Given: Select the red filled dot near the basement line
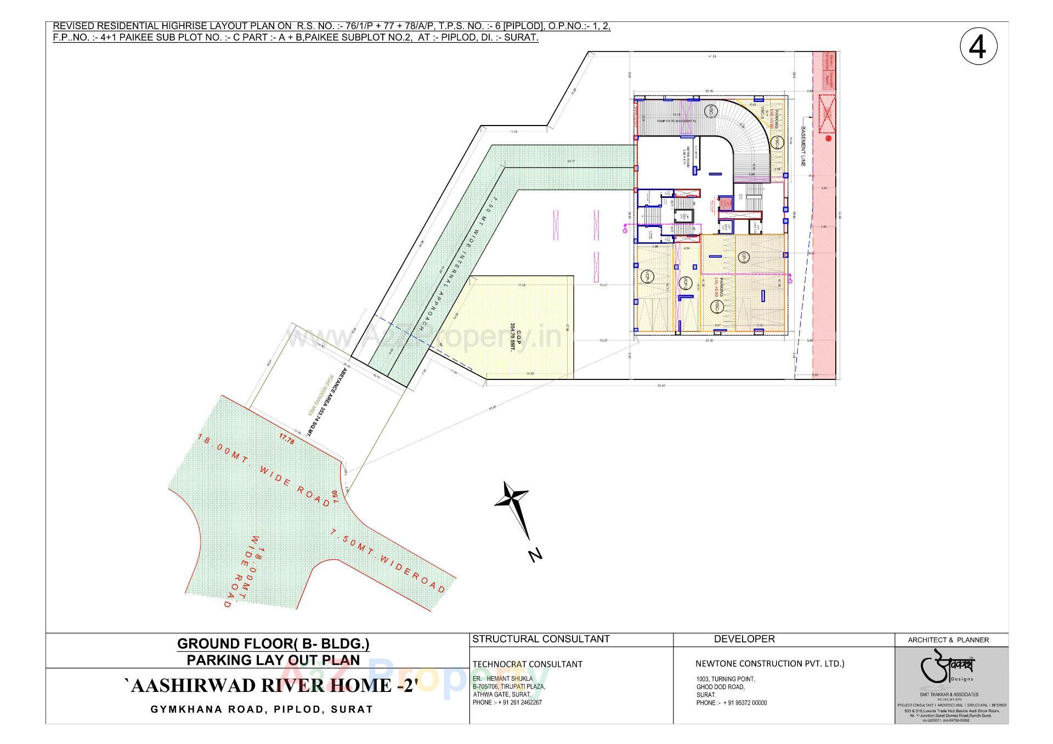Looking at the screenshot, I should tap(828, 139).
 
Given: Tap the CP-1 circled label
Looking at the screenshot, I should tap(743, 257).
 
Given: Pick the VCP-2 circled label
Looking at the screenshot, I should tap(685, 283).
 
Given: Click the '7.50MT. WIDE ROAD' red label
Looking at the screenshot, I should tap(388, 561).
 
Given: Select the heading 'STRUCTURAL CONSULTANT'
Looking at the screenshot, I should tap(541, 639).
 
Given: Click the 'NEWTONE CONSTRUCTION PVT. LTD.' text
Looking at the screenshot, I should tap(770, 663).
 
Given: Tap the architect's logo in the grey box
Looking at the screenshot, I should tap(950, 668).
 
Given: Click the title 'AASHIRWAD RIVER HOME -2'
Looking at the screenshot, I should tap(271, 685).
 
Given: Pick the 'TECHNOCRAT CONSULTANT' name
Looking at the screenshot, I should tap(527, 664).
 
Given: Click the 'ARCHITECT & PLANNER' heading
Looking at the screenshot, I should tap(948, 640).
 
